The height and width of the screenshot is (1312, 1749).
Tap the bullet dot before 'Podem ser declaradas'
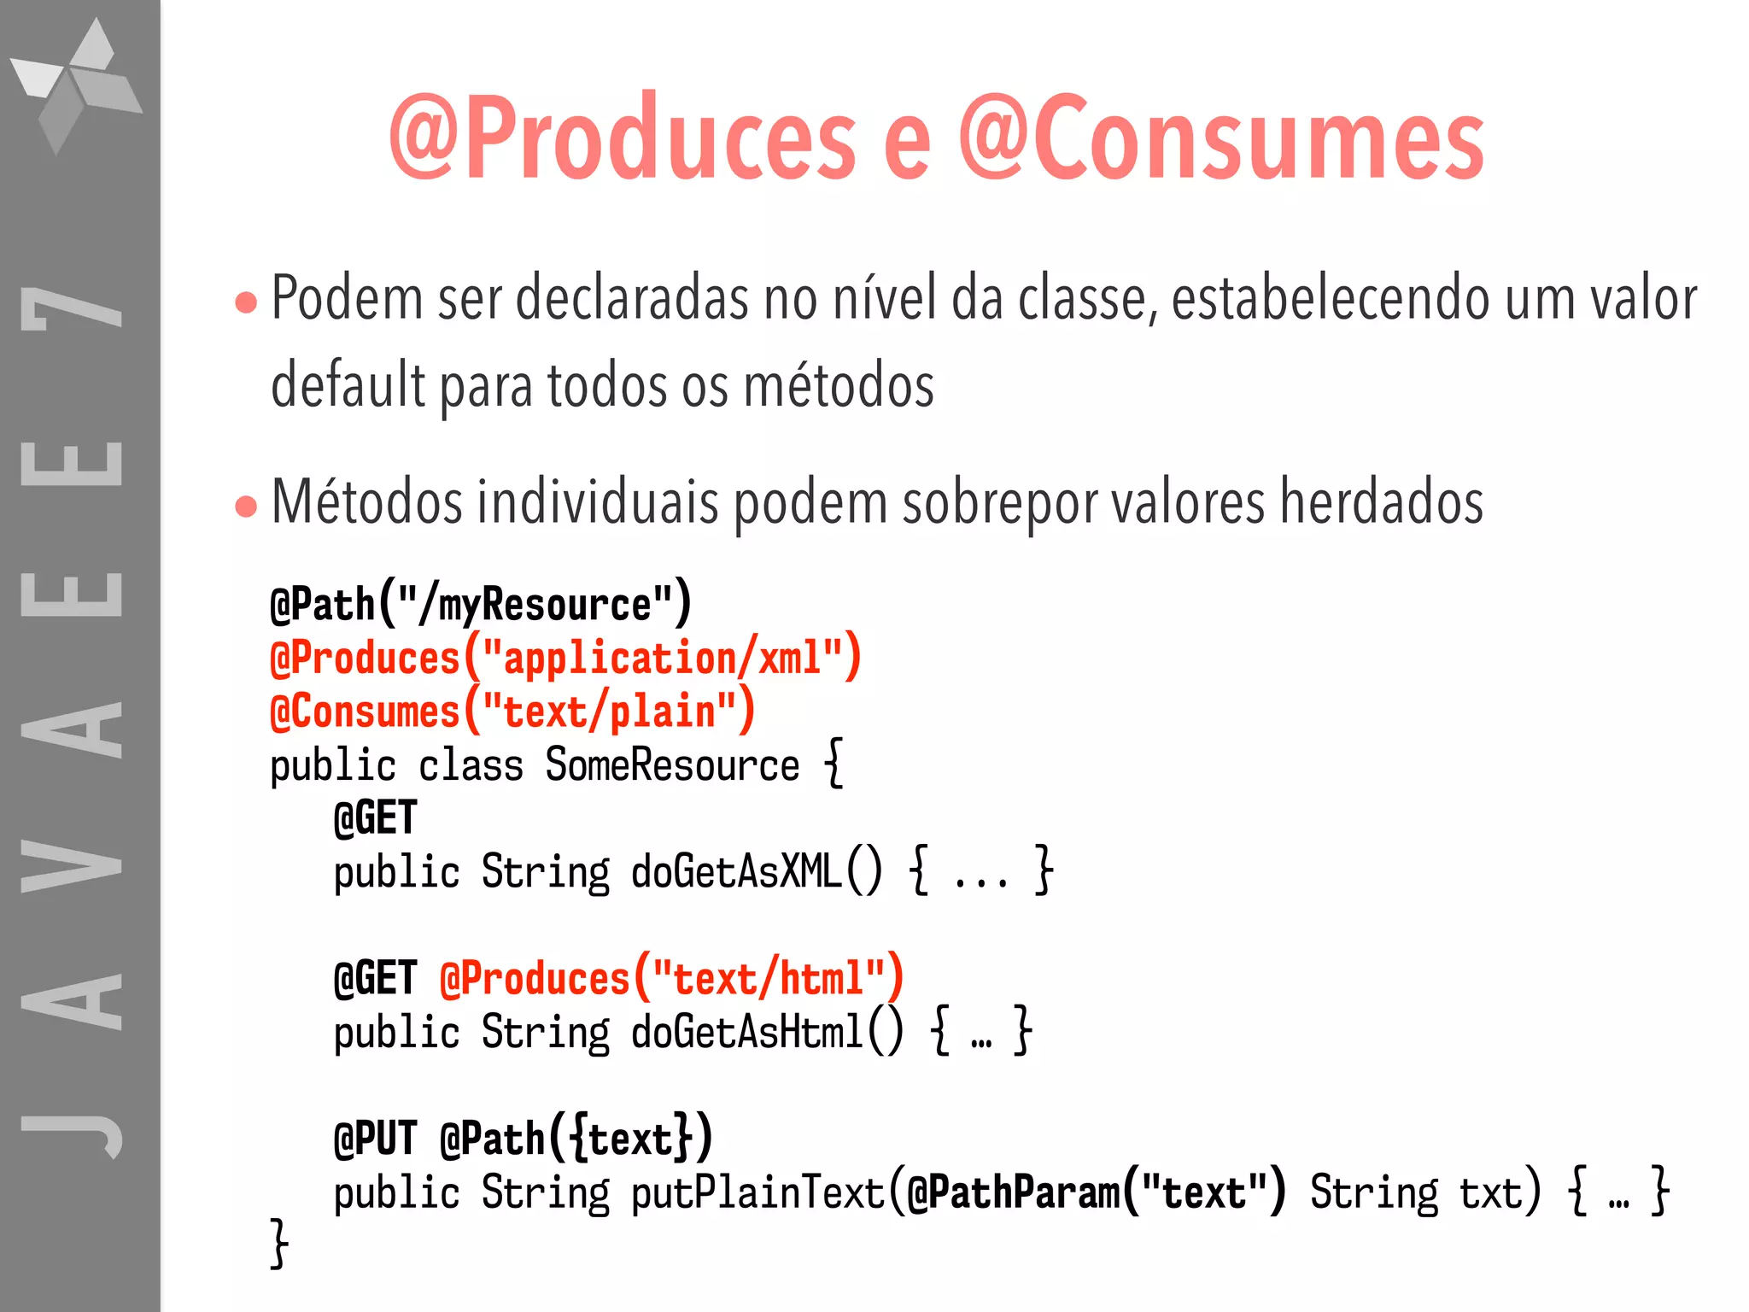[x=246, y=302]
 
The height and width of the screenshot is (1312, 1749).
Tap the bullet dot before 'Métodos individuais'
[x=246, y=506]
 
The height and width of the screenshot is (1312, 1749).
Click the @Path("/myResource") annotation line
[x=481, y=604]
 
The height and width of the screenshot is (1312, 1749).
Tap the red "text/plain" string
[x=609, y=712]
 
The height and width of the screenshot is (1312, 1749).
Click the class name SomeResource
[x=672, y=764]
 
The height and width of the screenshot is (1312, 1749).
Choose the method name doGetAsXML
[x=736, y=872]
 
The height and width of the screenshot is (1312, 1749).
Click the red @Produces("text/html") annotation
[x=671, y=978]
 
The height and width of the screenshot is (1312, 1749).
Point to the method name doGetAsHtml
[x=747, y=1032]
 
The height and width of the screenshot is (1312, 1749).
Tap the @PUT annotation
[x=375, y=1139]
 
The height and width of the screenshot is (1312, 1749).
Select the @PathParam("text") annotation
[x=1096, y=1192]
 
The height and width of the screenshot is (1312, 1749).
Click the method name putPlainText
[x=758, y=1192]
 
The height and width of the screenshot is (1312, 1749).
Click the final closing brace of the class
[x=279, y=1243]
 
